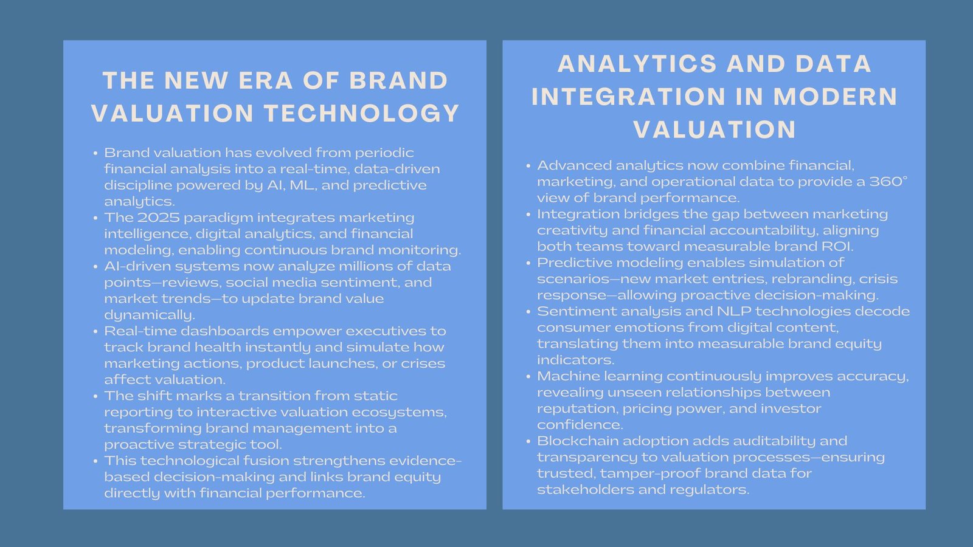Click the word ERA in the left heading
[x=265, y=81]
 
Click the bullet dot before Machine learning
[x=528, y=377]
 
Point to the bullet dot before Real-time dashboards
[x=95, y=332]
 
